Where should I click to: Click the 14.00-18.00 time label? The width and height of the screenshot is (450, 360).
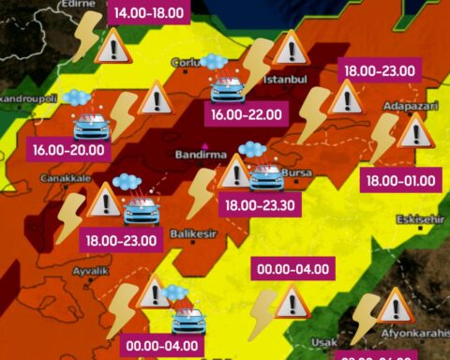(149, 13)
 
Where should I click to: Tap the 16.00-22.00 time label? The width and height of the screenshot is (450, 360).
(247, 115)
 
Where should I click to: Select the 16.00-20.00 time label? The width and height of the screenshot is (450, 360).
(69, 149)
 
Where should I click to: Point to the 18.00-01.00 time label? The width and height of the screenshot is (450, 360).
(400, 180)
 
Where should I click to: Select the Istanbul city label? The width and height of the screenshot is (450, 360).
(286, 80)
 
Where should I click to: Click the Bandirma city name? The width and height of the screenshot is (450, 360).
(198, 152)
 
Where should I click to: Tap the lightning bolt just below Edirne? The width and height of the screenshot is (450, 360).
(85, 36)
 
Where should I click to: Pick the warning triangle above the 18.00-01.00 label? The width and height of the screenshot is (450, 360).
(412, 133)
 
